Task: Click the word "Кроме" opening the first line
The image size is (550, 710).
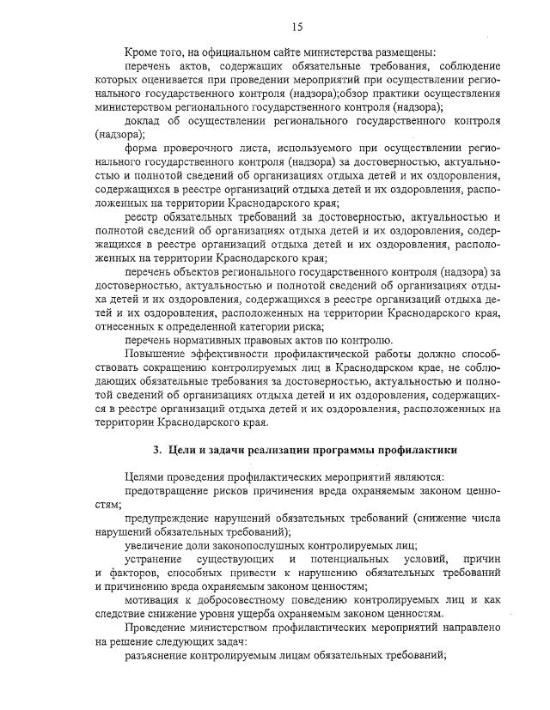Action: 143,52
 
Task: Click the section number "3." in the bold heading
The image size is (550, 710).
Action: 157,450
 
